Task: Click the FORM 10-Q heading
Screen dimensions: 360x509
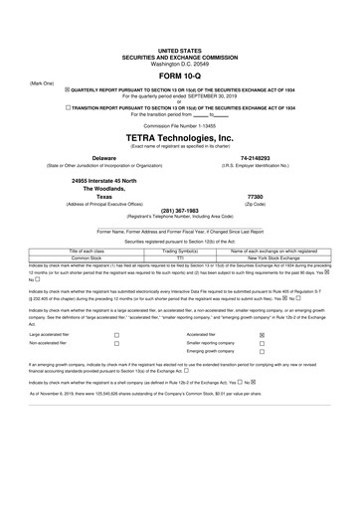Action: [x=180, y=77]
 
